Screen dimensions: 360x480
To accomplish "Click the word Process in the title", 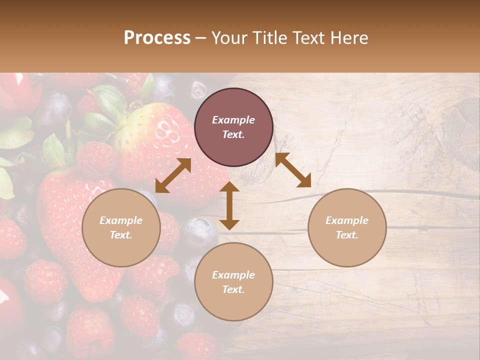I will click(157, 38).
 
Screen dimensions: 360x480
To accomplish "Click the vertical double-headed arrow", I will click(229, 205).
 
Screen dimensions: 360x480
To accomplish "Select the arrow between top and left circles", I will click(173, 175).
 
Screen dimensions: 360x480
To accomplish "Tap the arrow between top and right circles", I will click(293, 170).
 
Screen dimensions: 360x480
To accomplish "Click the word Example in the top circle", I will click(233, 120).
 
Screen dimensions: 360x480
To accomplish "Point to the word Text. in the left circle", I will click(121, 235).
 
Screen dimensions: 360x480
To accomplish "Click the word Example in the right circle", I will click(347, 220).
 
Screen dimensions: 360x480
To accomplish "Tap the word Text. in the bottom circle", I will click(233, 289).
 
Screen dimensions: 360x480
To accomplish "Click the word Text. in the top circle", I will click(233, 134).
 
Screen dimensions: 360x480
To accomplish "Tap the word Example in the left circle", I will click(121, 220).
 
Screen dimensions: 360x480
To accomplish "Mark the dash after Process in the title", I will click(201, 38).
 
